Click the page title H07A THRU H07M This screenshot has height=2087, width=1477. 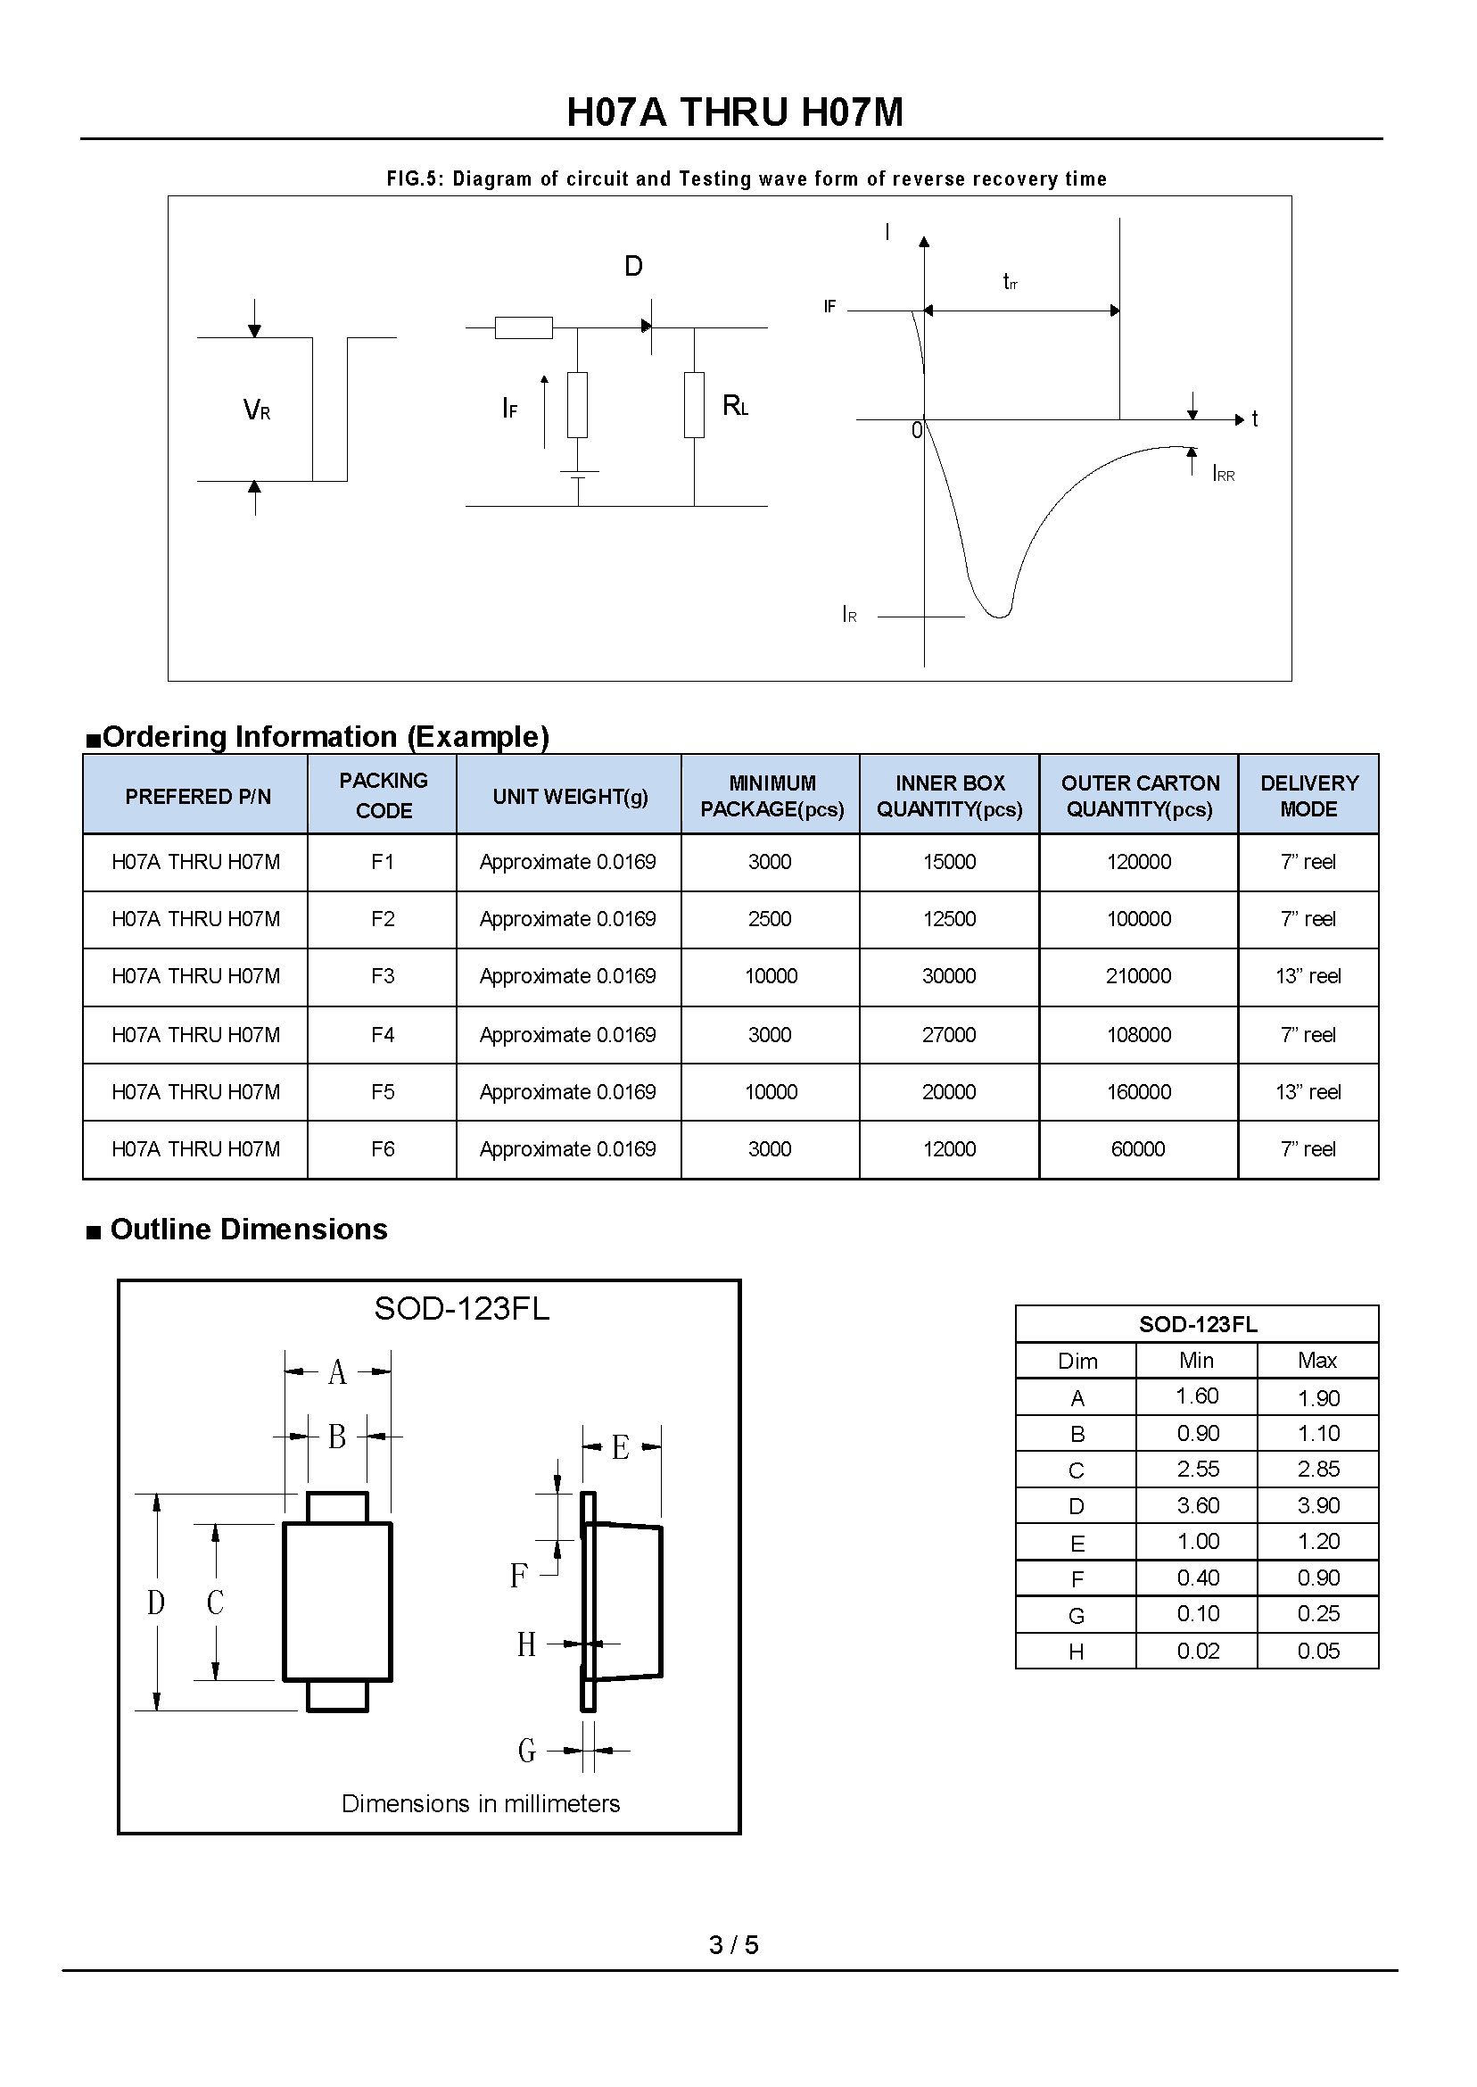coord(735,112)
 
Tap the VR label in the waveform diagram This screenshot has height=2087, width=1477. coord(257,410)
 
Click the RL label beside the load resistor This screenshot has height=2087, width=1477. coord(735,406)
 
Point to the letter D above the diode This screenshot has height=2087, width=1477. coord(633,267)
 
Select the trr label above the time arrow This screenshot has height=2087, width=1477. coord(1010,282)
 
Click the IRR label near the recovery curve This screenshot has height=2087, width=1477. coord(1224,474)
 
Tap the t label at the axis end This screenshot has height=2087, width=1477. coord(1255,419)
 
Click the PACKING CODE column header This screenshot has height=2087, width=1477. coord(383,795)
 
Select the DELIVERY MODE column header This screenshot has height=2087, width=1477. coord(1308,796)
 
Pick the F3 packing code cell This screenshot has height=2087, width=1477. coord(383,976)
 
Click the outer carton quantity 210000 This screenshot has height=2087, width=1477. coord(1138,976)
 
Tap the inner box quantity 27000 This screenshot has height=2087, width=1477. coord(949,1035)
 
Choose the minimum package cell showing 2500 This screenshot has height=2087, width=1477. coord(770,919)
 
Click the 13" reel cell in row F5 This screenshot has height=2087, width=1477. coord(1308,1092)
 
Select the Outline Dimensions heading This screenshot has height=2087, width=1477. coord(248,1230)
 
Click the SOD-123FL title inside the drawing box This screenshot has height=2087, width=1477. coord(462,1309)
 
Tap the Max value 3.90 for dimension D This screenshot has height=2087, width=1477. coord(1318,1505)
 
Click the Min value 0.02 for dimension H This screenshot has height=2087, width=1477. coord(1198,1652)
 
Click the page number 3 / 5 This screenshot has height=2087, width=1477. coord(734,1945)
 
